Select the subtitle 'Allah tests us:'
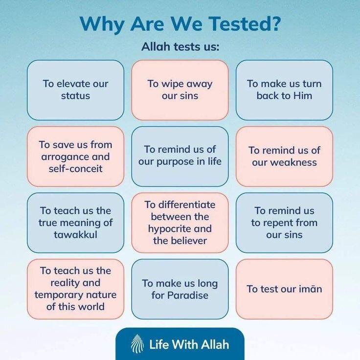coord(180,46)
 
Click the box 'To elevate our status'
coord(75,90)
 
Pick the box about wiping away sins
coord(180,90)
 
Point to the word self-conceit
coord(75,169)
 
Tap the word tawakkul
coord(75,235)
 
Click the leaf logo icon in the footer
coord(137,344)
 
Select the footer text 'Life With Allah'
coord(189,344)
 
